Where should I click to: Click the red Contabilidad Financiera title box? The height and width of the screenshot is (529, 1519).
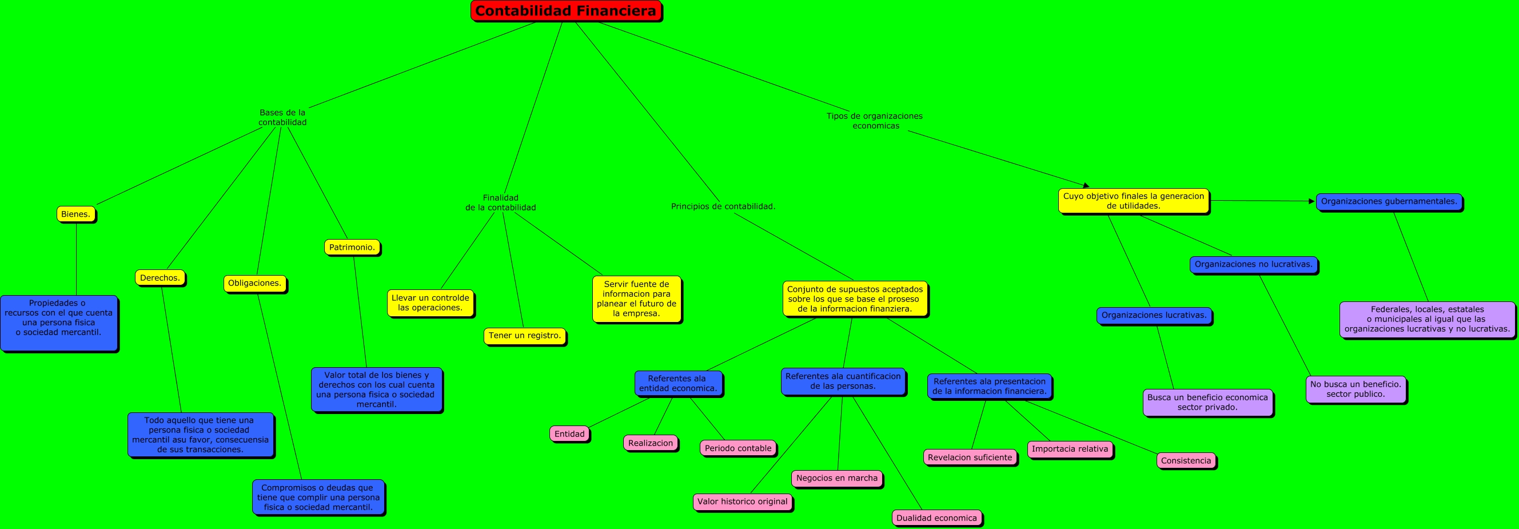[565, 11]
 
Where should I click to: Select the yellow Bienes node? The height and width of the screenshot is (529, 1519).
[76, 213]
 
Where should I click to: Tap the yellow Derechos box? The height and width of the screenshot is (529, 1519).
[160, 278]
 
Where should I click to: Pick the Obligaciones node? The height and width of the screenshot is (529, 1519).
[255, 283]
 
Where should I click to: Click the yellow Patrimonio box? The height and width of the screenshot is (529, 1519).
[352, 247]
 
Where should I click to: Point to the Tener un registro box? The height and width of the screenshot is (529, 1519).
[524, 336]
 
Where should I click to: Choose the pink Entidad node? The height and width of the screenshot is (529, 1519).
[569, 433]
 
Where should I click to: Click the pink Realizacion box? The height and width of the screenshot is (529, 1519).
[651, 443]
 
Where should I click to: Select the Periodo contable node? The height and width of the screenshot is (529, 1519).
[737, 448]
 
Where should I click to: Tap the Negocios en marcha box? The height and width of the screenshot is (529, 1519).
[837, 478]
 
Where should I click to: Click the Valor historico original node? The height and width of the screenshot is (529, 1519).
[743, 502]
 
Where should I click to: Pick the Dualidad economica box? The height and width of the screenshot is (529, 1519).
[936, 518]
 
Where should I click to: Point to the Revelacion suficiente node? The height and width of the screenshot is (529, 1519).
[970, 457]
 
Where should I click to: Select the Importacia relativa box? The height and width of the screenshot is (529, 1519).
[1070, 449]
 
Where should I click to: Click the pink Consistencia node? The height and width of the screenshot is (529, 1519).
[1186, 460]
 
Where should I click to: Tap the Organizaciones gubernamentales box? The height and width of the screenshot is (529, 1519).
[1389, 201]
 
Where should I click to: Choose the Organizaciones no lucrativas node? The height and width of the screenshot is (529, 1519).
[1254, 264]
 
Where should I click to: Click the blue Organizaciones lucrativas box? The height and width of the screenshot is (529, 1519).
[1154, 315]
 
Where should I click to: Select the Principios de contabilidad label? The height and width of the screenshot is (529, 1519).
[723, 206]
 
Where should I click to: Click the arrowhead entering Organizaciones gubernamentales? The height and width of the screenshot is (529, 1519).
[1312, 201]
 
